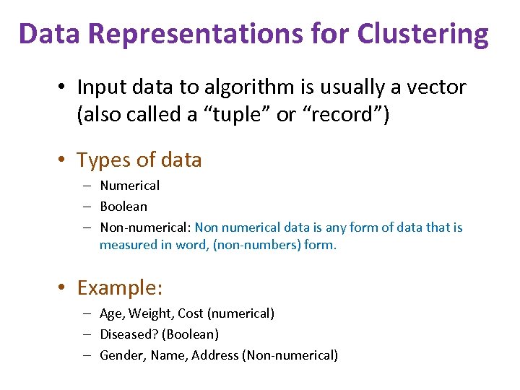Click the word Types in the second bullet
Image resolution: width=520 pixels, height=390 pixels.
tap(101, 160)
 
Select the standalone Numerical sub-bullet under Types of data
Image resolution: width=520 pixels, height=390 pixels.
tap(130, 186)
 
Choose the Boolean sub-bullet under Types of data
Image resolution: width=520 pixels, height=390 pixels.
tap(123, 207)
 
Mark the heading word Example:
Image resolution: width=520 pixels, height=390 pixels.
tap(120, 288)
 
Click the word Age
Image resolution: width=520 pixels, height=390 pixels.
tap(111, 313)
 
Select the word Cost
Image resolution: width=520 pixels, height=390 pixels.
tap(191, 313)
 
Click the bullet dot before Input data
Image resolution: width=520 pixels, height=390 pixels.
tap(64, 88)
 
